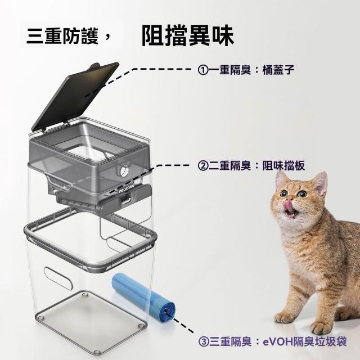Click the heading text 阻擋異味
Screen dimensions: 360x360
(187, 36)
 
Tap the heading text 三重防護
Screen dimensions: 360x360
(62, 36)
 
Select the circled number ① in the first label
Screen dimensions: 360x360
(203, 70)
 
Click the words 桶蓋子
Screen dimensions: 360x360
(278, 70)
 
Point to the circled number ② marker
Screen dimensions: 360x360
(203, 166)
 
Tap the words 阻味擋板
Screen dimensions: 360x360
(283, 165)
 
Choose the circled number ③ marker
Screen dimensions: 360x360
(204, 342)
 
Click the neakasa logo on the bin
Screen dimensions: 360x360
(127, 187)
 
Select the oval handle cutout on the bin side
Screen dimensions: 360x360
(58, 278)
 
